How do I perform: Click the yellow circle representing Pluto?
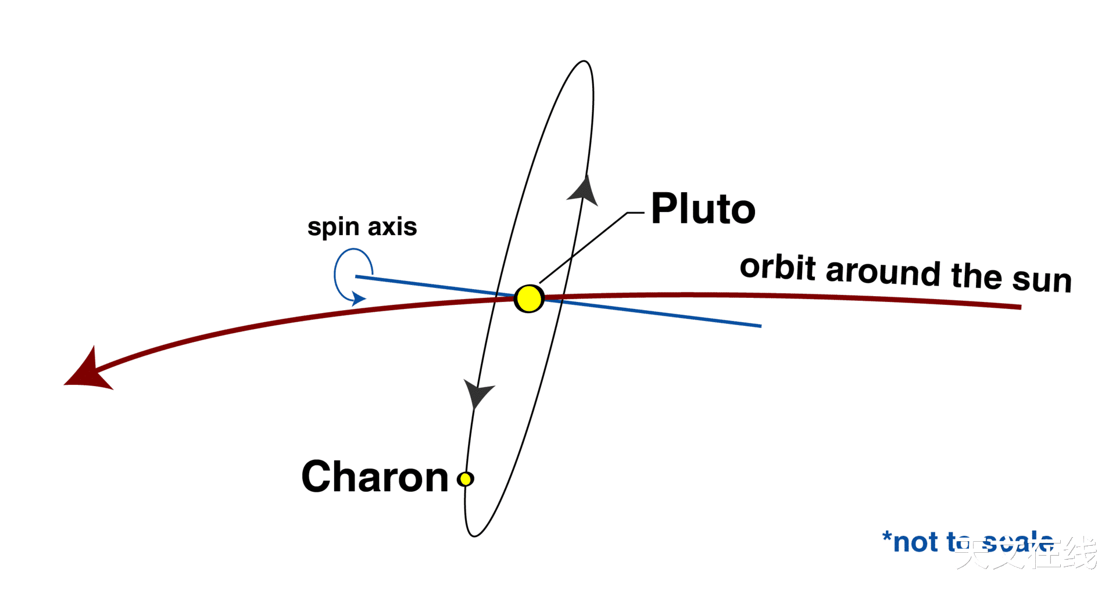[x=529, y=298]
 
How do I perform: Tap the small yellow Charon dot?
[x=465, y=479]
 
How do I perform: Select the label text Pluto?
[x=703, y=209]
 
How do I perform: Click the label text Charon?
[x=375, y=477]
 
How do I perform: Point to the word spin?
[x=333, y=227]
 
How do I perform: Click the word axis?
[x=392, y=226]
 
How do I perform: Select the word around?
[x=882, y=272]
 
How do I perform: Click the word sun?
[x=1042, y=280]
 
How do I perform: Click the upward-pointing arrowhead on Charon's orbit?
[x=584, y=190]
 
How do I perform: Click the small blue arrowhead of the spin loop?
[x=359, y=299]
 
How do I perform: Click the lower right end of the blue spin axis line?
[x=760, y=326]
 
